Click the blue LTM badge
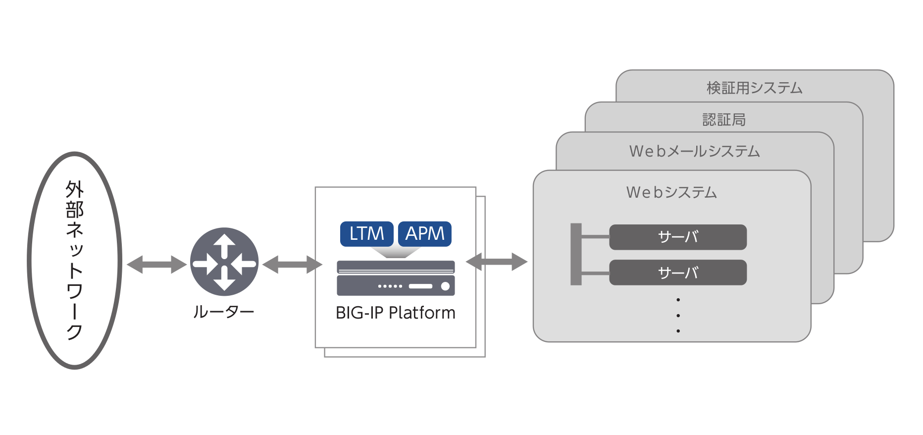point(366,234)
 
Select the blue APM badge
point(425,234)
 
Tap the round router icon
point(224,262)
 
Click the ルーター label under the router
point(223,312)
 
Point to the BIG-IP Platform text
point(395,313)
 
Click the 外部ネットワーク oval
point(75,261)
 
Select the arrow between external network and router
point(156,264)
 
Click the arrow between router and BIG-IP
point(292,264)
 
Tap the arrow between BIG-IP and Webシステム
point(497,262)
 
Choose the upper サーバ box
point(677,237)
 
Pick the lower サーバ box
point(677,272)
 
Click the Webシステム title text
point(671,192)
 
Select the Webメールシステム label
point(694,151)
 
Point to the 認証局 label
point(724,119)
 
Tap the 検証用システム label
point(754,88)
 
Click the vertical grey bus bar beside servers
point(576,254)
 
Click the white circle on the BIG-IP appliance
point(445,286)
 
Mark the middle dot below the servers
point(678,315)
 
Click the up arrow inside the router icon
point(224,243)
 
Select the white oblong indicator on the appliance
point(420,286)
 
